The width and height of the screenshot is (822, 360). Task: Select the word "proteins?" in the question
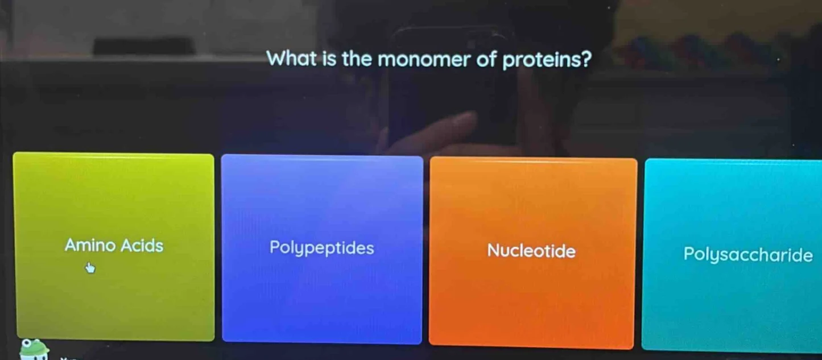(546, 59)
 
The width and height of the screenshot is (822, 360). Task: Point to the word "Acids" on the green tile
(142, 246)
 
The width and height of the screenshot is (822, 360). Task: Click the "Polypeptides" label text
(322, 249)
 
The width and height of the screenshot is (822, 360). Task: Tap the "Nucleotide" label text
(531, 251)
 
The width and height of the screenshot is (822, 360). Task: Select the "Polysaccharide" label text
(748, 255)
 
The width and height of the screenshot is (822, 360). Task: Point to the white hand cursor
(90, 267)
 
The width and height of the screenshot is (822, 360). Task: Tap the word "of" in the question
(486, 59)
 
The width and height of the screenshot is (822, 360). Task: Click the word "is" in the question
(329, 59)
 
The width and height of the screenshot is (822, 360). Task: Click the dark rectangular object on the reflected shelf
(144, 46)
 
